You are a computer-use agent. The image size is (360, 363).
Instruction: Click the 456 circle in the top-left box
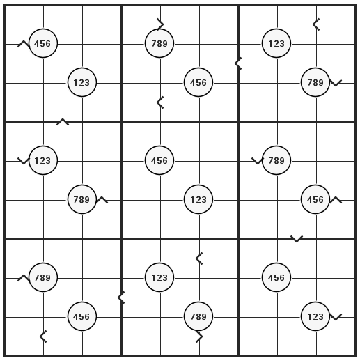43,43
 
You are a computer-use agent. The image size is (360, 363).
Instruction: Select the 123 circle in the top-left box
82,82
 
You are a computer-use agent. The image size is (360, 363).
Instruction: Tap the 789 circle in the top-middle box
159,43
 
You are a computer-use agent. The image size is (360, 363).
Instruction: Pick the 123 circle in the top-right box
276,43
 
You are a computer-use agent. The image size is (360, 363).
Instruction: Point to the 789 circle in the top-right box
315,82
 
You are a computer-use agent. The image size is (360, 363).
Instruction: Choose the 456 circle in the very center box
159,160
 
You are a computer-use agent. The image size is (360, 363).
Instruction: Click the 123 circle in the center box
198,199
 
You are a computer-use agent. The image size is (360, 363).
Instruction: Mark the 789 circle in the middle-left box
82,199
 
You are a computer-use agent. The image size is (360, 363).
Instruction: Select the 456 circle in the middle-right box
315,199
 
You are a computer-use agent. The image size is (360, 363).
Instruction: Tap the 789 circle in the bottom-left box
43,277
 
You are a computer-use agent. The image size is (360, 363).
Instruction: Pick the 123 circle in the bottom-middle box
159,277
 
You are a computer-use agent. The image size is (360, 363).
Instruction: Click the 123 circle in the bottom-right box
315,316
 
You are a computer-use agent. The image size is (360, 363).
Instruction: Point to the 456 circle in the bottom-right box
276,277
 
